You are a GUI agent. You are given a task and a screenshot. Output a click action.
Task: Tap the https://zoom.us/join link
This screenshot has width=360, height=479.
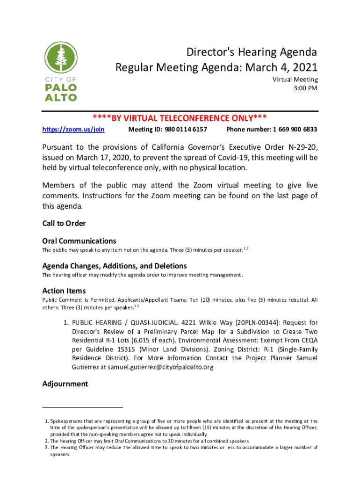click(73, 129)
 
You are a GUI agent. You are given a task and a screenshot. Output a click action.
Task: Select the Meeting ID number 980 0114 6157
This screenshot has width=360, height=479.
click(187, 129)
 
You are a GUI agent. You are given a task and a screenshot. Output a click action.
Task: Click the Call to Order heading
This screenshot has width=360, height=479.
click(64, 223)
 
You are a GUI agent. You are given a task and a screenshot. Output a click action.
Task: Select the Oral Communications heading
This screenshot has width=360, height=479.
click(79, 241)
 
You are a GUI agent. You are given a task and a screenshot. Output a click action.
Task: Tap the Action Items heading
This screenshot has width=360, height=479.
click(64, 290)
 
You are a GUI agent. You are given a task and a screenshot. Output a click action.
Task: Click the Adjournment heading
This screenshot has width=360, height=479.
click(65, 384)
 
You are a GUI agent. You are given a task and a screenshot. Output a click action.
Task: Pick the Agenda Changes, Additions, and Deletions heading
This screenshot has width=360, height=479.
click(115, 266)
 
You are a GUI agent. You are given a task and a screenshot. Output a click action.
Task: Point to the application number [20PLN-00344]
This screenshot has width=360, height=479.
click(258, 323)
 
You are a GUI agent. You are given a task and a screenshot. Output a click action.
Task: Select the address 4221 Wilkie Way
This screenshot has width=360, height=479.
click(209, 323)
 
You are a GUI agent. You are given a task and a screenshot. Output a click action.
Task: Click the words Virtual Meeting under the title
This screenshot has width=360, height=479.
click(295, 80)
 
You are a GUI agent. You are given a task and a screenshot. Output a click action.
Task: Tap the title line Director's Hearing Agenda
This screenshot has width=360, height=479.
click(252, 52)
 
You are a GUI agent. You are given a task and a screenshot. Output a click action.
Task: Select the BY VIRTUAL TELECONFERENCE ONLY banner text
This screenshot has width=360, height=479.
click(180, 118)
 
